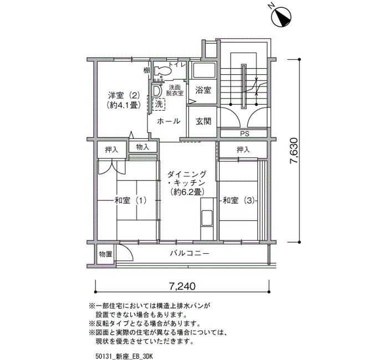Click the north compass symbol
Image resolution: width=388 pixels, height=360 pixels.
pos(281,17)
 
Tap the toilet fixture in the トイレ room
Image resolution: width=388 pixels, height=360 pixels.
pos(162,71)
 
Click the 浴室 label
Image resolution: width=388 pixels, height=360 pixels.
pos(203,90)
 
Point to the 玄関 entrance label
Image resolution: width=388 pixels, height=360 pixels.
pos(203,121)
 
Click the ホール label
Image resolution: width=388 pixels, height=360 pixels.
pos(169,121)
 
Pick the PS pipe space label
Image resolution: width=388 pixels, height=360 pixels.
pos(244,134)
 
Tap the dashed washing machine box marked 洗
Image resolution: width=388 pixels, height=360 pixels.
pos(159,104)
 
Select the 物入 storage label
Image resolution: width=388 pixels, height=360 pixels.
pos(143,147)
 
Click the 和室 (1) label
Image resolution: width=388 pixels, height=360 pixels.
pos(130,200)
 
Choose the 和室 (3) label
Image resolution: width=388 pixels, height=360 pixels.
pos(238,200)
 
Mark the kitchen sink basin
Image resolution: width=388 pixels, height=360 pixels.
pos(207,218)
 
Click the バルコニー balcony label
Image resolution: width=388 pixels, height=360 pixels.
pos(190,254)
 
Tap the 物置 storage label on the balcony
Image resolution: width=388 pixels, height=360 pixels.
pos(106,254)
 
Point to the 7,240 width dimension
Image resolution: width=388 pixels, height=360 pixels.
pos(182,286)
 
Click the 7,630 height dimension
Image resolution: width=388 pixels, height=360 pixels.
pos(294,150)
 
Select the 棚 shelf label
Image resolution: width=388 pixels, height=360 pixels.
pos(147,70)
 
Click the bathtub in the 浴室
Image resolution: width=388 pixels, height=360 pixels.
pos(205,71)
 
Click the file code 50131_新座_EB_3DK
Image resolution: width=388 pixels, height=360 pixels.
pos(124,356)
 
